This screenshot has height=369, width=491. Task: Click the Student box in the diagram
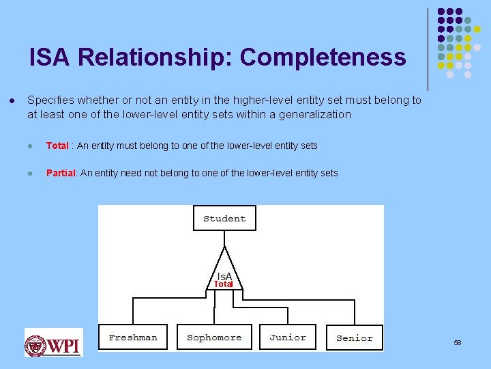click(x=224, y=219)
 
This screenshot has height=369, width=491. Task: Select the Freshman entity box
click(x=133, y=337)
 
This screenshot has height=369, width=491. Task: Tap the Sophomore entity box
click(x=214, y=337)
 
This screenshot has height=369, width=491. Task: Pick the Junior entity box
click(x=287, y=337)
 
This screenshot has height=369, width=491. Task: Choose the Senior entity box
click(x=355, y=338)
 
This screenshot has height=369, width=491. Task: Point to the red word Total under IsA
click(x=224, y=284)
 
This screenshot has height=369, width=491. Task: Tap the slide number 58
click(x=458, y=342)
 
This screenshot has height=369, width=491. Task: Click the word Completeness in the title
click(x=323, y=57)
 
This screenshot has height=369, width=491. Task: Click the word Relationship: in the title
click(x=155, y=57)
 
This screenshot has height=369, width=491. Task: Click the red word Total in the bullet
click(x=57, y=146)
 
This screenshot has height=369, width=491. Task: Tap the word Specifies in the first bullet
click(x=50, y=100)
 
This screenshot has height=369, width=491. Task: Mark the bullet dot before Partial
click(x=31, y=173)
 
